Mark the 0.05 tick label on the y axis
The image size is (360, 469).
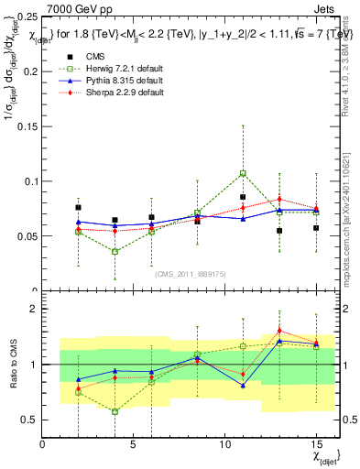coord(27,235)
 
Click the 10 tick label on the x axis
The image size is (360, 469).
coord(224,444)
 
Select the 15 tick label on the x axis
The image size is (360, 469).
coord(316,444)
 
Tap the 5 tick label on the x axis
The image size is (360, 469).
coord(134,444)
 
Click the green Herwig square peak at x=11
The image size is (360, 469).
coord(243,173)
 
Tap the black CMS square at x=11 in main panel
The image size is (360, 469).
coord(243,197)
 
